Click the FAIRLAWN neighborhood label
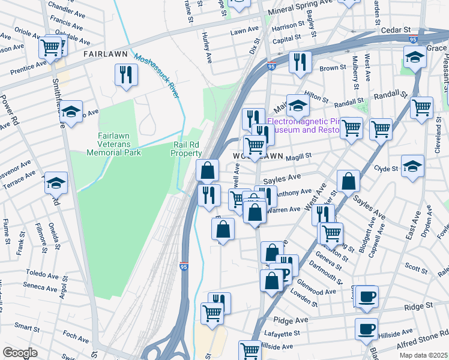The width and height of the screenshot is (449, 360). [x=106, y=54]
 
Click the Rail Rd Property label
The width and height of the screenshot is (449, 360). [x=187, y=149]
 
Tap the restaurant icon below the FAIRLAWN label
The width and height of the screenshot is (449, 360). [x=126, y=74]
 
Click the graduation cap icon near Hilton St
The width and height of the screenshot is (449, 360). [x=297, y=106]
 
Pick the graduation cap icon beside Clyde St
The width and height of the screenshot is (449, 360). [x=412, y=166]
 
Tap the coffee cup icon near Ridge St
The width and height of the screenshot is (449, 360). [x=366, y=296]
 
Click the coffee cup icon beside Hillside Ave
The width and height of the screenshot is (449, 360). [x=366, y=329]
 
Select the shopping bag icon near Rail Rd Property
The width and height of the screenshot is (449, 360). [x=207, y=170]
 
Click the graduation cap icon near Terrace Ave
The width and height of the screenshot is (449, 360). [x=56, y=182]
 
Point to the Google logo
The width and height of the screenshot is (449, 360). [x=20, y=353]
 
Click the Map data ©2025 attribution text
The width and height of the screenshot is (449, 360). [x=423, y=355]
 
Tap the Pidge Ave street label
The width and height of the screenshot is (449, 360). [x=287, y=321]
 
